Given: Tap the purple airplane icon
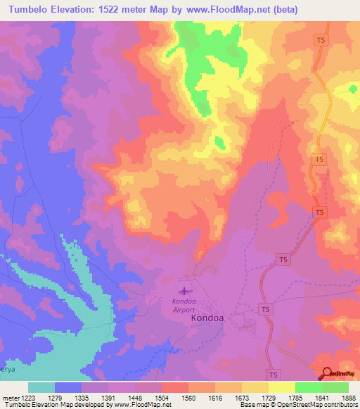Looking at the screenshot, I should [x=185, y=290].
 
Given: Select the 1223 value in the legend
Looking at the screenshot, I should [x=29, y=399].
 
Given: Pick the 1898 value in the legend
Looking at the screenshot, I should [x=347, y=399].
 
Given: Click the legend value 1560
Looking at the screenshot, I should [x=188, y=399].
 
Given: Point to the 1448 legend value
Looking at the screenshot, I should [x=135, y=399].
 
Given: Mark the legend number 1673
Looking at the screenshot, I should [x=241, y=399].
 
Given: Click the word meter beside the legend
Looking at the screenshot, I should [x=11, y=399].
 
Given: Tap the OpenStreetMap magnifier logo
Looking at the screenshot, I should [x=327, y=375].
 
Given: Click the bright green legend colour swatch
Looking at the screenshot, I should [x=308, y=387].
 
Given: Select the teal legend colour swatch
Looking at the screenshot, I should [x=41, y=387].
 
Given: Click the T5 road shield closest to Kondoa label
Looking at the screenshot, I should [x=265, y=309].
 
